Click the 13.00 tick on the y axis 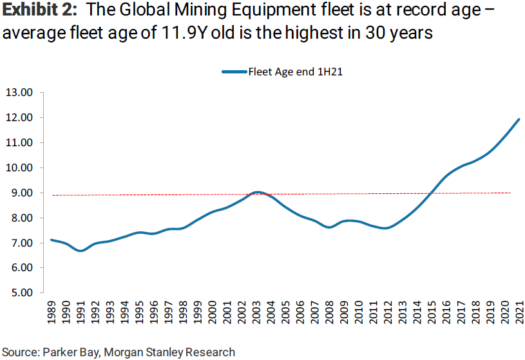(x=19, y=93)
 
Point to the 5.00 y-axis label (x=19, y=293)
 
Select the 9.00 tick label (x=19, y=193)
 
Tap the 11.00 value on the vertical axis (x=19, y=143)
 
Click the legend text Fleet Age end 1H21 (x=294, y=72)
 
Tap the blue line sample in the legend (x=234, y=72)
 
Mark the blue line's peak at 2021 (x=519, y=119)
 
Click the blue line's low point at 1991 (x=81, y=251)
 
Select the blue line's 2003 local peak (x=257, y=192)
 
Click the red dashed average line (x=161, y=194)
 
